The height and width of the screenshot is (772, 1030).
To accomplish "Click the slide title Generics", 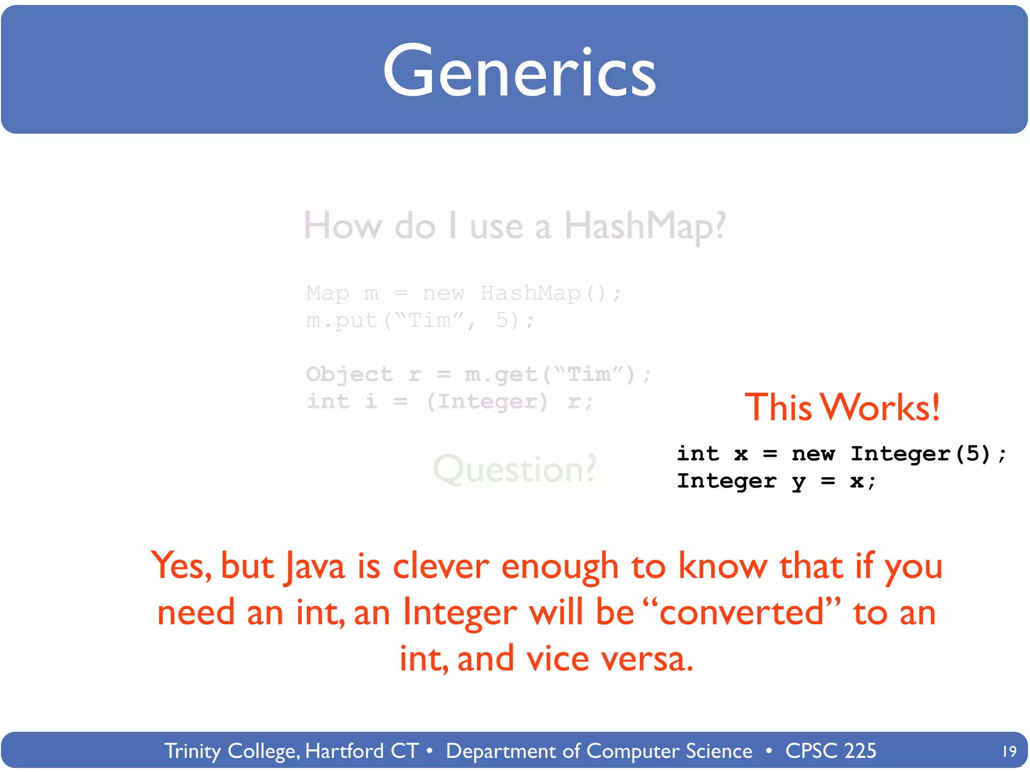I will [x=519, y=71].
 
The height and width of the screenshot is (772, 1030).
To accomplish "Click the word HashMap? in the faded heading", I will [x=645, y=226].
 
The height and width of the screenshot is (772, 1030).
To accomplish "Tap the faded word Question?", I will [x=514, y=469].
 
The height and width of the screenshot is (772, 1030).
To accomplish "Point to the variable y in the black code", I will [x=798, y=481].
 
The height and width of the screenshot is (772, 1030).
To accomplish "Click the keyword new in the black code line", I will [x=813, y=454].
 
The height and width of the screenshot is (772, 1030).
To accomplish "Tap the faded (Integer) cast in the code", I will [x=487, y=402].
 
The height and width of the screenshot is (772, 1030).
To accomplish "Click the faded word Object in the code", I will [x=349, y=374].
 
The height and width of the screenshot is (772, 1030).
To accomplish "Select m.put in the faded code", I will [x=341, y=320].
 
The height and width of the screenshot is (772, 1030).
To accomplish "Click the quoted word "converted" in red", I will [x=742, y=612].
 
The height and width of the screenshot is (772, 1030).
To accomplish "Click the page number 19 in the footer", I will [x=1009, y=751].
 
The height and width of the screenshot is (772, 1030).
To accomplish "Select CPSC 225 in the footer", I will [x=830, y=751].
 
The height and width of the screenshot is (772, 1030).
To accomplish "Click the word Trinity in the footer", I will [x=193, y=751].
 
